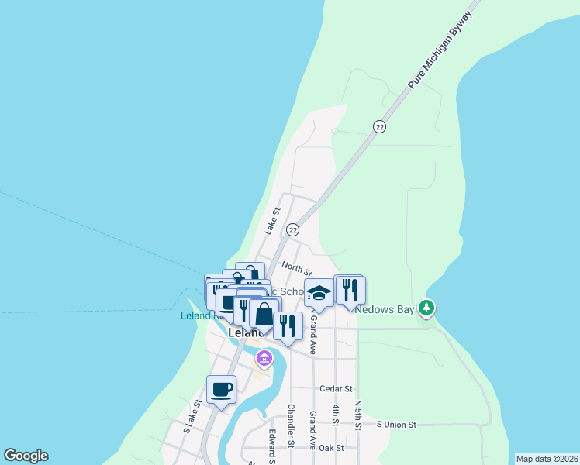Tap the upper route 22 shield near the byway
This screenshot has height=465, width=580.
[379, 126]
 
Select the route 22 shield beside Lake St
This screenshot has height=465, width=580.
[292, 229]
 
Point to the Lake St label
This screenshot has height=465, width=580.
[271, 220]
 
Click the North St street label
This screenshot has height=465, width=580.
[296, 268]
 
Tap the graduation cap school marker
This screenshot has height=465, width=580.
[318, 293]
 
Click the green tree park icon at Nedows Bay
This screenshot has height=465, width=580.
[426, 308]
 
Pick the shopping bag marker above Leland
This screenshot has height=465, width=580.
[264, 314]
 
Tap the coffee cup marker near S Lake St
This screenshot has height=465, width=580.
[221, 389]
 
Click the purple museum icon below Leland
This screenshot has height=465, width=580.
[264, 359]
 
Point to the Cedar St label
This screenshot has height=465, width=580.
[336, 388]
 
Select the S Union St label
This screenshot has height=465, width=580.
[396, 425]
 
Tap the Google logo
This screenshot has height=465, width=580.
[26, 456]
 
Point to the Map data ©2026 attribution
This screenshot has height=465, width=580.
[546, 459]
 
